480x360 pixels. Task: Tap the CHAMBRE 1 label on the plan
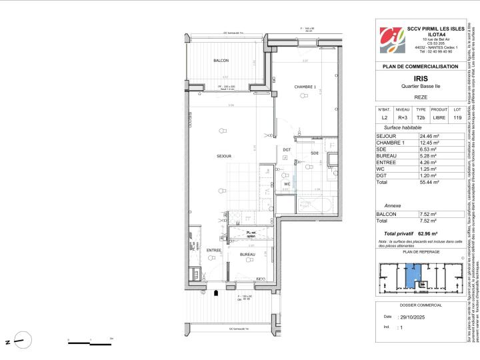pyautogui.click(x=305, y=87)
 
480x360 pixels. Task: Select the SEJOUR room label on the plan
pyautogui.click(x=223, y=156)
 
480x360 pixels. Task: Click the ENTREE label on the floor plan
pyautogui.click(x=195, y=250)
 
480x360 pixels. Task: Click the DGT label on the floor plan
pyautogui.click(x=287, y=149)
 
